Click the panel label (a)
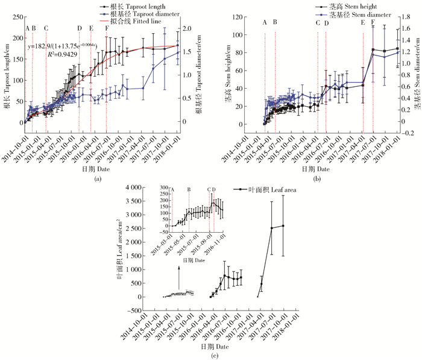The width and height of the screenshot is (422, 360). [x=97, y=178]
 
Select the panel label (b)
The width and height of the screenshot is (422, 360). [x=317, y=178]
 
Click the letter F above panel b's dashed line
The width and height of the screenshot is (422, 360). [x=373, y=22]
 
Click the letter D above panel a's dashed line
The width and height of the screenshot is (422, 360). [x=80, y=28]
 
